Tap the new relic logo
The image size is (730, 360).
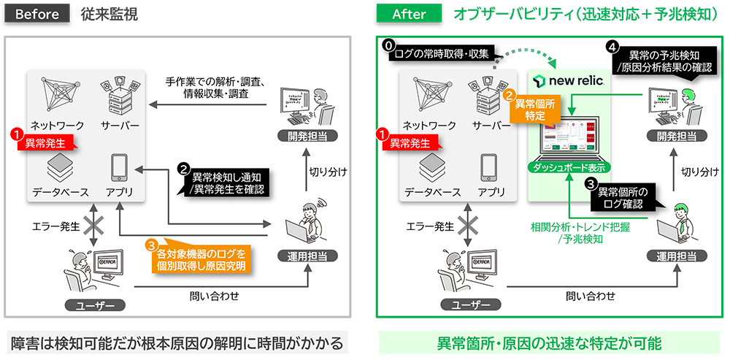tap(569, 80)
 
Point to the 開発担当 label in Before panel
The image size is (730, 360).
tap(302, 135)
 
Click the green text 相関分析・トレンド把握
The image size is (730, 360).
tap(580, 226)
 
